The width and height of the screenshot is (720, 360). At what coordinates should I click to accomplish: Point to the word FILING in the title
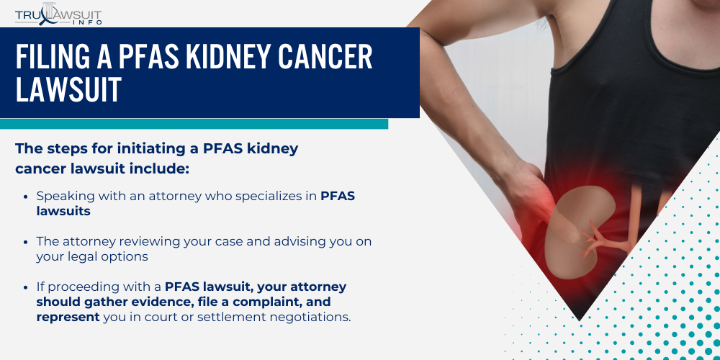(51, 57)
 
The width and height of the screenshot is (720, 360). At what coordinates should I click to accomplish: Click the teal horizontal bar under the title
(194, 124)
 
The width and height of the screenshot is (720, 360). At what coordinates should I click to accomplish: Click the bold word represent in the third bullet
(68, 316)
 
